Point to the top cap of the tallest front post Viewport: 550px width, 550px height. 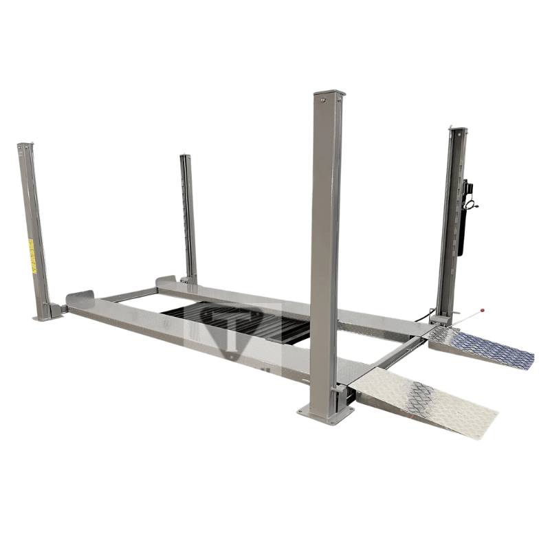[x=329, y=94]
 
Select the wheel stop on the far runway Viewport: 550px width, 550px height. [x=166, y=280]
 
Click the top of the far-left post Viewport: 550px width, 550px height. [x=25, y=146]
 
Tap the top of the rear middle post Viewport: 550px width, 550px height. [x=184, y=157]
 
